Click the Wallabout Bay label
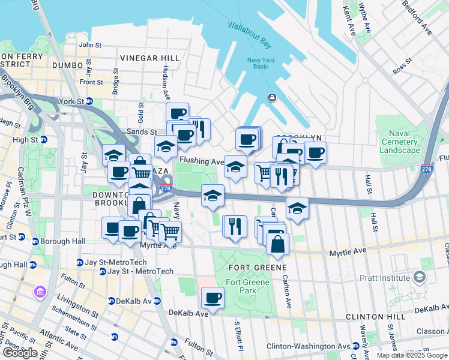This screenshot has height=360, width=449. coord(249,34)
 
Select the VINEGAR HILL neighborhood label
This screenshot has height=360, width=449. coord(149,58)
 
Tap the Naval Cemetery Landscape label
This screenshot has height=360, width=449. coord(400,142)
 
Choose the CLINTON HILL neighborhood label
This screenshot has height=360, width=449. coord(372,316)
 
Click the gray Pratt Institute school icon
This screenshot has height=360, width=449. coord(419,277)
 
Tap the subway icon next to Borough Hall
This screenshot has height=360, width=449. coord(35,241)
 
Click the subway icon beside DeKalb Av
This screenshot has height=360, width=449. coord(112,301)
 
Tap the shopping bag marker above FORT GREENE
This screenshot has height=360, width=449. coord(277,244)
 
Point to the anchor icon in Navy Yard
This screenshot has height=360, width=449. coord(272,97)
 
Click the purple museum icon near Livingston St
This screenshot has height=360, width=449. coord(40,292)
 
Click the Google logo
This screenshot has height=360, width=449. coord(20,352)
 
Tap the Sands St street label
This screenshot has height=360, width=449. coord(142,132)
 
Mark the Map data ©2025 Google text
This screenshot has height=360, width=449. coord(412,355)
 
